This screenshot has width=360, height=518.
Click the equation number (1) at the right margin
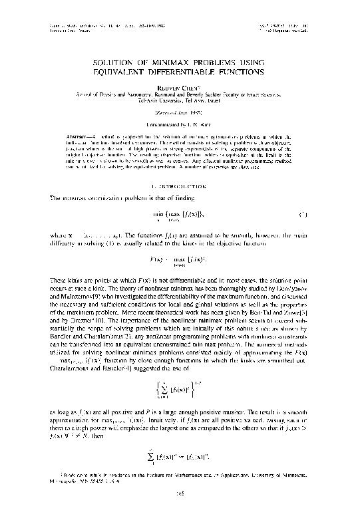click(301, 215)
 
